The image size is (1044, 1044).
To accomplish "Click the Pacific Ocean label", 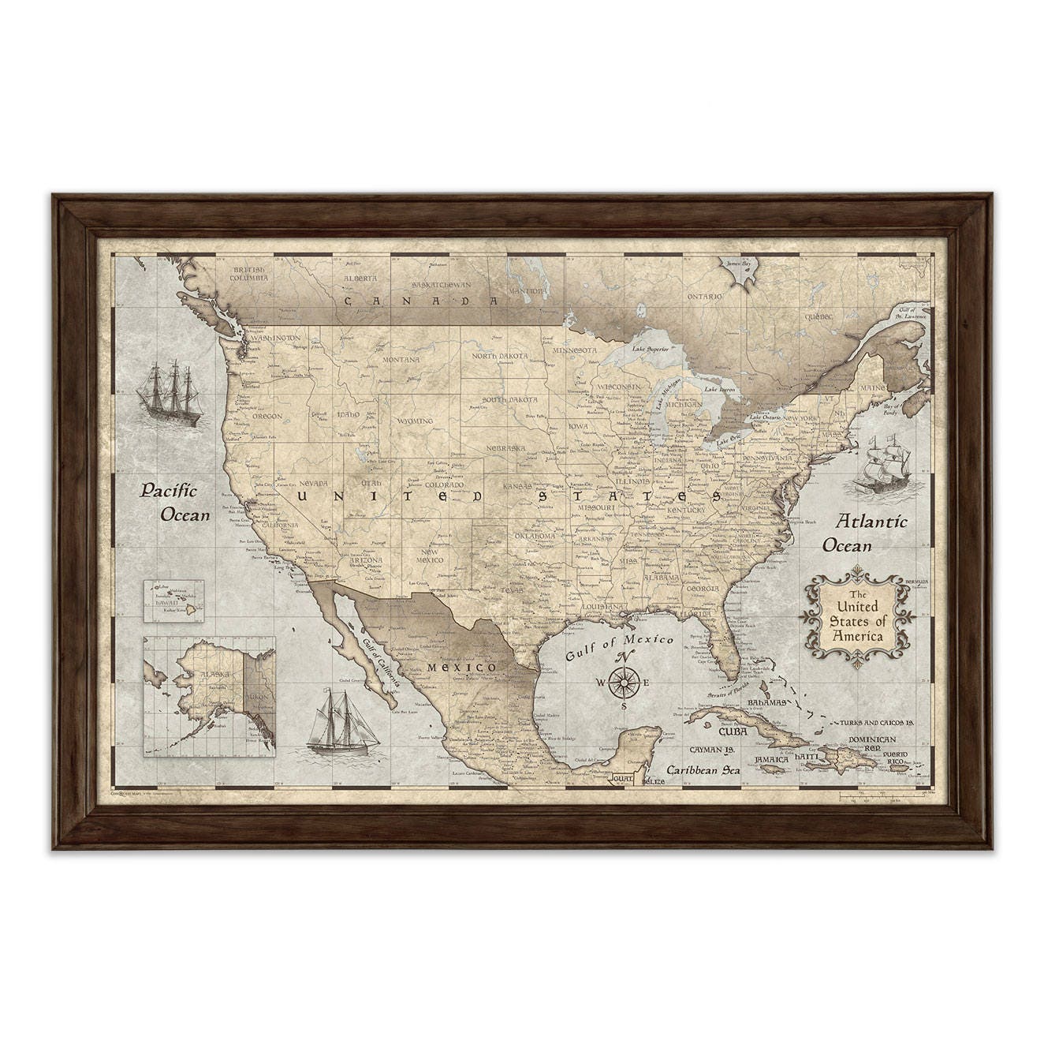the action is [176, 503].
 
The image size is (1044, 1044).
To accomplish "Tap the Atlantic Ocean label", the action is [865, 533].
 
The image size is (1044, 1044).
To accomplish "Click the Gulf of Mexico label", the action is [619, 646].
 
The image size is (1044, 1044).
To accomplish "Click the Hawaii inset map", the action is [173, 601].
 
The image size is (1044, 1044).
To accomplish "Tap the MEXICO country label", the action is [461, 668].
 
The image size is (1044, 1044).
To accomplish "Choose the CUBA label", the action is [733, 731].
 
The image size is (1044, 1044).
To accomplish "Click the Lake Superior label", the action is [651, 348].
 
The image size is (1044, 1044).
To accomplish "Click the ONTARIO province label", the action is [703, 297].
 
